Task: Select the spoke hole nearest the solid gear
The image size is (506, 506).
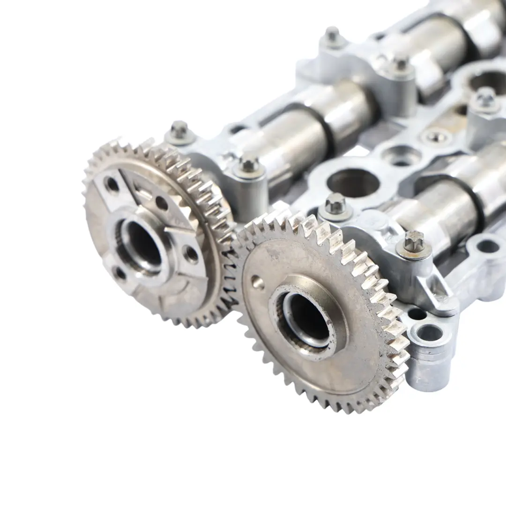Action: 191,254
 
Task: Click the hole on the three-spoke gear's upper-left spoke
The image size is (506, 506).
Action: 112,184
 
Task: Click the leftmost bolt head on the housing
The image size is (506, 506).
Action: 179,130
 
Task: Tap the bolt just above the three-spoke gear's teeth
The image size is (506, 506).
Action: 249,164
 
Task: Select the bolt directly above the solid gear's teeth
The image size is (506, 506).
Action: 335,203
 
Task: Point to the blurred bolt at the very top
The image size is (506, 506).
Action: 332,35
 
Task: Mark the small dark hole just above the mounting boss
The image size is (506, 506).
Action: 416,313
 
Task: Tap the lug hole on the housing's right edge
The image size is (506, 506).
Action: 487,246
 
